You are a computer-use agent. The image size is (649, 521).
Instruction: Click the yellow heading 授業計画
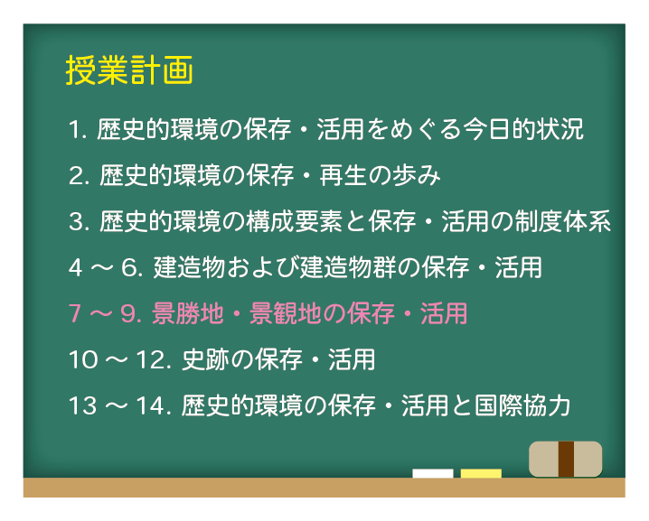[129, 71]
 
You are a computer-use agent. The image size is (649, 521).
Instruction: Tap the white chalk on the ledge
[432, 473]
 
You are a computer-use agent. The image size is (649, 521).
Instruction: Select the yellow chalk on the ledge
[481, 473]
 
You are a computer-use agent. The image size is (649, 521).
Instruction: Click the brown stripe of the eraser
[567, 459]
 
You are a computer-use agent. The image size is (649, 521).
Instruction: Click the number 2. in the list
[78, 175]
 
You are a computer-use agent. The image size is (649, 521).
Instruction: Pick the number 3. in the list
[78, 221]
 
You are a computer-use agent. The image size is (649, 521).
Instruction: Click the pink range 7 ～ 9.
[105, 313]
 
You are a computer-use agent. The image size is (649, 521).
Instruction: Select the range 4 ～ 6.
[105, 267]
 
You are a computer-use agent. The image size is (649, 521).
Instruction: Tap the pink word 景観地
[280, 313]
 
